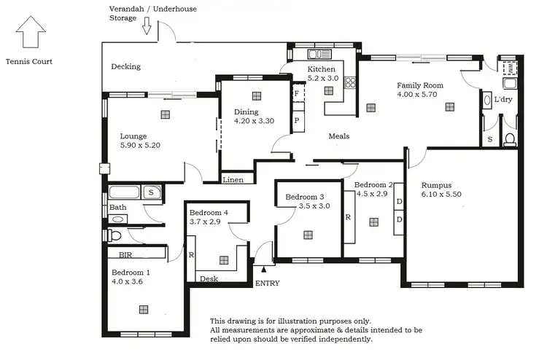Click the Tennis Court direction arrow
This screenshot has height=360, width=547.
[30, 34]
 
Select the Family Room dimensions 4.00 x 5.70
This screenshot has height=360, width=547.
[419, 95]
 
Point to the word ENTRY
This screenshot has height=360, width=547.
[266, 283]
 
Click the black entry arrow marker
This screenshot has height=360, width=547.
[264, 270]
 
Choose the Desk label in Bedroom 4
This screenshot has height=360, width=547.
[209, 278]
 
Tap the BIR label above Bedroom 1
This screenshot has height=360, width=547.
[125, 256]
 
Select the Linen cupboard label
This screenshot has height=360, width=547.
[233, 179]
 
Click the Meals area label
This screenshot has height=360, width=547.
[338, 136]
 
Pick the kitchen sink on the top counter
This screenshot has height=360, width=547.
[319, 54]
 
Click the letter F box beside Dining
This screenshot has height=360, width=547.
[297, 95]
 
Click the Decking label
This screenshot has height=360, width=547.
[125, 67]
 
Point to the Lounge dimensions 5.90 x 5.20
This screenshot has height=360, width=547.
[140, 146]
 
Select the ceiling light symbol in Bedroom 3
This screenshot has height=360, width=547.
[308, 234]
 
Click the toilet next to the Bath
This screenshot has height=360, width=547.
[116, 236]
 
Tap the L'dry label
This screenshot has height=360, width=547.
[503, 99]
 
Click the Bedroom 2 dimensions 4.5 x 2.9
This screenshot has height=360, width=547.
[372, 195]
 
